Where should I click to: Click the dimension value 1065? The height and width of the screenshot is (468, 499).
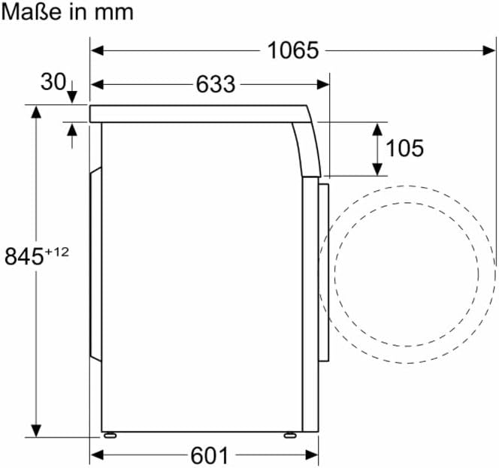coord(293,50)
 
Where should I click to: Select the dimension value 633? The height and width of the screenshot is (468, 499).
coord(216,85)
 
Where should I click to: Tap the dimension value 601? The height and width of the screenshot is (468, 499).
coord(208,455)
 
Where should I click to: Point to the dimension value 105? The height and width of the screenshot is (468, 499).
coord(404,148)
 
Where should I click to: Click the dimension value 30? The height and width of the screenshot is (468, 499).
coord(53,82)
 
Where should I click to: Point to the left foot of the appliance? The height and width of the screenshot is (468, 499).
coord(110,434)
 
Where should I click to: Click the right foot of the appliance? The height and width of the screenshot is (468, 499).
coord(289,434)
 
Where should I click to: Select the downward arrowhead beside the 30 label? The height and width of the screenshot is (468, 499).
coord(72,98)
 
